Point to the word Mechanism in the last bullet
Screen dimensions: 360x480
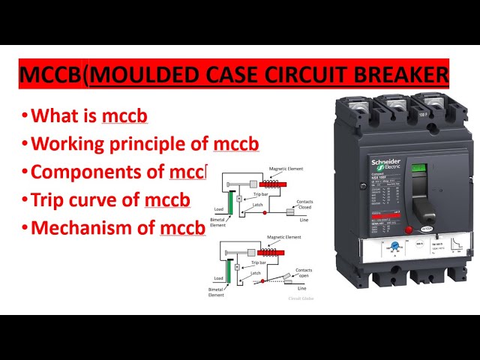click(80, 227)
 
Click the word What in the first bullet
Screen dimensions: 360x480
click(54, 116)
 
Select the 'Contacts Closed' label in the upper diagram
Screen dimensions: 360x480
click(304, 204)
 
